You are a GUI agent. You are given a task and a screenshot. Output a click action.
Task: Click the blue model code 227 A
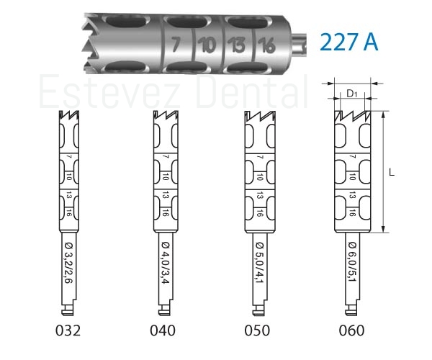[x=349, y=42]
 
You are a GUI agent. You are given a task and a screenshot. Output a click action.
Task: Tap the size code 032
[x=68, y=330]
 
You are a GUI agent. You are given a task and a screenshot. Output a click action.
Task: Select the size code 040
[x=163, y=330]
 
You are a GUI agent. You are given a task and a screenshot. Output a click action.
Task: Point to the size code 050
[x=257, y=330]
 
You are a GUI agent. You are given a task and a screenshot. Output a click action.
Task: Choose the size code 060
[x=351, y=330]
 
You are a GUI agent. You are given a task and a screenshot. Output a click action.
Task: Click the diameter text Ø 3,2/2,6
[x=68, y=263]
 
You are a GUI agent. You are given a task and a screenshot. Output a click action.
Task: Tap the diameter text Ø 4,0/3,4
[x=166, y=263]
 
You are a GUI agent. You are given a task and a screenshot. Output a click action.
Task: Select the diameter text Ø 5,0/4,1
[x=259, y=263]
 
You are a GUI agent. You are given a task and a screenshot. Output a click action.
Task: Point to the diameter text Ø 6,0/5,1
[x=352, y=263]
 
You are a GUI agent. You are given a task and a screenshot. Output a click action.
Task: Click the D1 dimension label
[x=352, y=94]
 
